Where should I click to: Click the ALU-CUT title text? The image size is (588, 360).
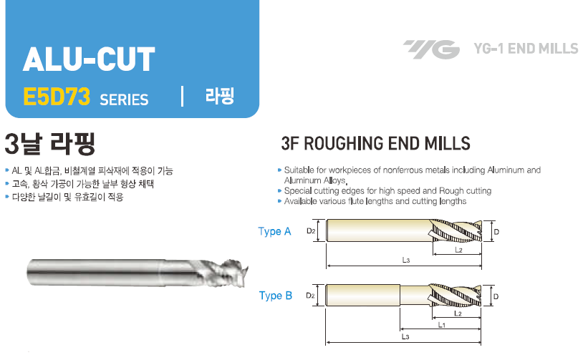89,60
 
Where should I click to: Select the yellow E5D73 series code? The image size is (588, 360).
57,97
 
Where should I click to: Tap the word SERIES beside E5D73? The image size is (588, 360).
125,99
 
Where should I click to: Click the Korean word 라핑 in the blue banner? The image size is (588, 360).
220,97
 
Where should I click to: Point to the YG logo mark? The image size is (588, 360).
430,49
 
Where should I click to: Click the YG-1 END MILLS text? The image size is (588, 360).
526,49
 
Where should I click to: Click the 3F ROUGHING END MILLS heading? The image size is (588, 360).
376,143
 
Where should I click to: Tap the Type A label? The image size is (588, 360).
275,231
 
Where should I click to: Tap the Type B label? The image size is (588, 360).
275,296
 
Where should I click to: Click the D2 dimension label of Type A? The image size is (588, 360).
311,231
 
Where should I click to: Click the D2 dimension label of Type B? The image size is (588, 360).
311,295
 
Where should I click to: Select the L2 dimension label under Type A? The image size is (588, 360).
458,250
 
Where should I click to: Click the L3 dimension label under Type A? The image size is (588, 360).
406,261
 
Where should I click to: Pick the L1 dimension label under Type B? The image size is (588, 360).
443,324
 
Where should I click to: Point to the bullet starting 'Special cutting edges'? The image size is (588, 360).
387,191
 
